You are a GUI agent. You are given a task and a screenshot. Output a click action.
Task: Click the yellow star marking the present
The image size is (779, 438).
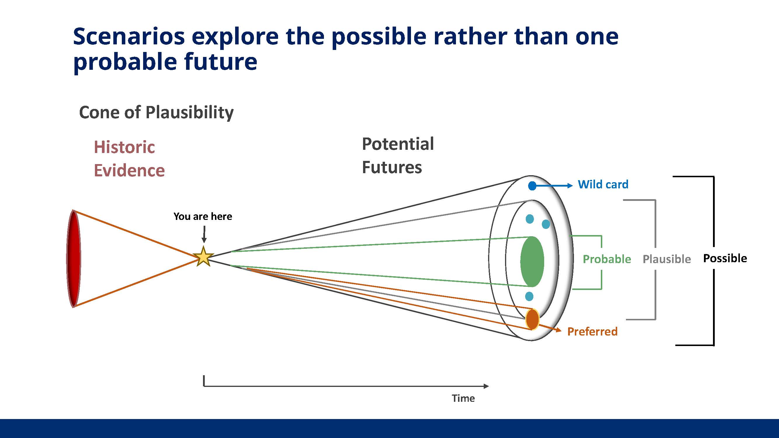pyautogui.click(x=204, y=256)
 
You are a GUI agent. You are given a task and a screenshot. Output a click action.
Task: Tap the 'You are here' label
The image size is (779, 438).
pyautogui.click(x=203, y=216)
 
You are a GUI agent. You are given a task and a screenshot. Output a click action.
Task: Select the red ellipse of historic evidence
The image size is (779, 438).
pyautogui.click(x=74, y=258)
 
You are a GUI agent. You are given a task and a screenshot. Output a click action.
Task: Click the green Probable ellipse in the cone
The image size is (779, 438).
pyautogui.click(x=532, y=261)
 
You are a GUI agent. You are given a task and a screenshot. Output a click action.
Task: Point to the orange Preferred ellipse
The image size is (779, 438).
pyautogui.click(x=532, y=319)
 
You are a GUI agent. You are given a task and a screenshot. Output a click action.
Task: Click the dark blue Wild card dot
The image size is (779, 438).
pyautogui.click(x=532, y=186)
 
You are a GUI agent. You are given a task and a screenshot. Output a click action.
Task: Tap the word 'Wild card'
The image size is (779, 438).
pyautogui.click(x=603, y=184)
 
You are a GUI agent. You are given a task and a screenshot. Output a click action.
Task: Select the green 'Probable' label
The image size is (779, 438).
pyautogui.click(x=607, y=259)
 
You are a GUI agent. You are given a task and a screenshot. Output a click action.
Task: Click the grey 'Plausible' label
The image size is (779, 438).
pyautogui.click(x=667, y=259)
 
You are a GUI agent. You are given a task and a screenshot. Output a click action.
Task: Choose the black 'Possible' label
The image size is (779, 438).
pyautogui.click(x=725, y=258)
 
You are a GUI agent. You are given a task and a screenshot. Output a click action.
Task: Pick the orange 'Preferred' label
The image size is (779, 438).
pyautogui.click(x=592, y=332)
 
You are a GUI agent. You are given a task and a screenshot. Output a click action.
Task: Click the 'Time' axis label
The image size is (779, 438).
pyautogui.click(x=463, y=398)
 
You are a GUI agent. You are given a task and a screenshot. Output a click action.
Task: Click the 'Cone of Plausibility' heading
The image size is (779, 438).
pyautogui.click(x=156, y=113)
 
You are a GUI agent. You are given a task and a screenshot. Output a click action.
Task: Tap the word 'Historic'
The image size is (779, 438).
pyautogui.click(x=124, y=147)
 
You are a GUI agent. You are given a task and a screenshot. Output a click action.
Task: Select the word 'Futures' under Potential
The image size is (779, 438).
pyautogui.click(x=392, y=167)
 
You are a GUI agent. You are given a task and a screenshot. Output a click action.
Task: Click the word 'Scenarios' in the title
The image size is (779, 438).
pyautogui.click(x=129, y=36)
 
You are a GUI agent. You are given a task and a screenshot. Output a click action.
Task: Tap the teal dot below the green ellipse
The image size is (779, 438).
pyautogui.click(x=529, y=296)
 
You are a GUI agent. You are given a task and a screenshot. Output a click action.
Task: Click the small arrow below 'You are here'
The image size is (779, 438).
pyautogui.click(x=204, y=234)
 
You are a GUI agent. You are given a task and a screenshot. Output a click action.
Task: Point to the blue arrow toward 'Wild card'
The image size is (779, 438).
pyautogui.click(x=553, y=186)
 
